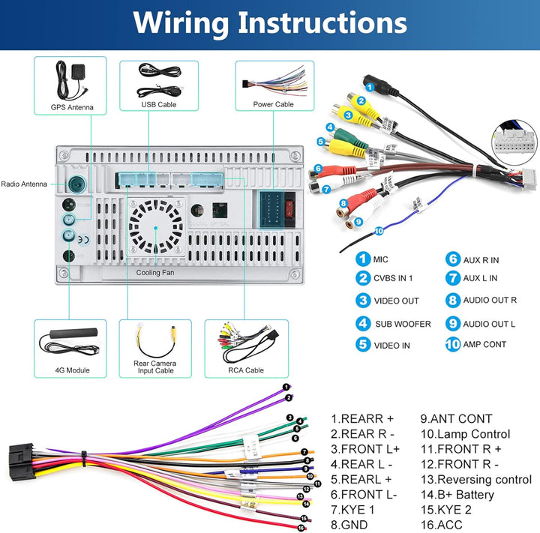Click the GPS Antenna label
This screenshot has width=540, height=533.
pyautogui.click(x=72, y=107)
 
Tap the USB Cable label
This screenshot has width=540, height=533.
pyautogui.click(x=158, y=104)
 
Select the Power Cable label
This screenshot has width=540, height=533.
pyautogui.click(x=273, y=104)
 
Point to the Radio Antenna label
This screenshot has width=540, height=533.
pyautogui.click(x=23, y=184)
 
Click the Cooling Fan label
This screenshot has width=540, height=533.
pyautogui.click(x=156, y=273)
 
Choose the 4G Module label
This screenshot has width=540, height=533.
pyautogui.click(x=72, y=370)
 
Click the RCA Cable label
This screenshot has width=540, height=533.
pyautogui.click(x=245, y=370)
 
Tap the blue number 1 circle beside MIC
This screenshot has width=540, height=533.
pyautogui.click(x=363, y=259)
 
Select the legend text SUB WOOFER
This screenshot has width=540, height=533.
pyautogui.click(x=403, y=324)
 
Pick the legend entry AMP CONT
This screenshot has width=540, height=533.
pyautogui.click(x=484, y=345)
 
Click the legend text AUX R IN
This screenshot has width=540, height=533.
pyautogui.click(x=481, y=260)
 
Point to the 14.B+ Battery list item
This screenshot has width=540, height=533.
pyautogui.click(x=457, y=495)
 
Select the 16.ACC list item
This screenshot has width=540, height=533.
pyautogui.click(x=442, y=526)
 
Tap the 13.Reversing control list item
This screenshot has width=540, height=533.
pyautogui.click(x=475, y=480)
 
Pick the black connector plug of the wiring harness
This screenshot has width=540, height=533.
pyautogui.click(x=22, y=460)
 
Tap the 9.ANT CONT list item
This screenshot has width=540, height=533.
pyautogui.click(x=455, y=419)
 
